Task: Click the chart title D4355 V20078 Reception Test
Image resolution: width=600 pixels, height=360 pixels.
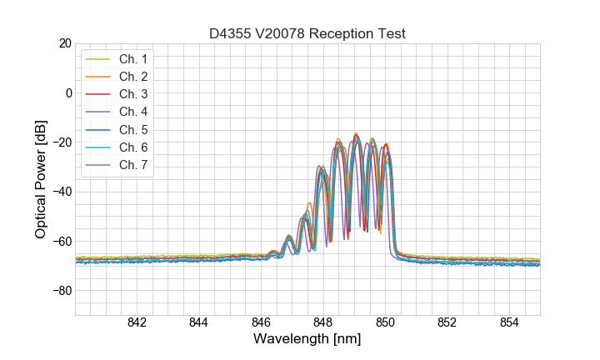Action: (x=307, y=33)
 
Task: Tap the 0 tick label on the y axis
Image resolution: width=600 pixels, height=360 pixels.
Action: (x=68, y=92)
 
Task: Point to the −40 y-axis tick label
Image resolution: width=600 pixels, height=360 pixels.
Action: (x=62, y=192)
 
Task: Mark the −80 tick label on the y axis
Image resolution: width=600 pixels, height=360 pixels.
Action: (x=62, y=291)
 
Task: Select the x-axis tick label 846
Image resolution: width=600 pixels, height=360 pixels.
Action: (x=261, y=323)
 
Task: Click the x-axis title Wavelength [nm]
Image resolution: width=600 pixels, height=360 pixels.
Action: (x=307, y=339)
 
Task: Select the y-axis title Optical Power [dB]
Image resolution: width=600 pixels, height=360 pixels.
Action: (x=40, y=179)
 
